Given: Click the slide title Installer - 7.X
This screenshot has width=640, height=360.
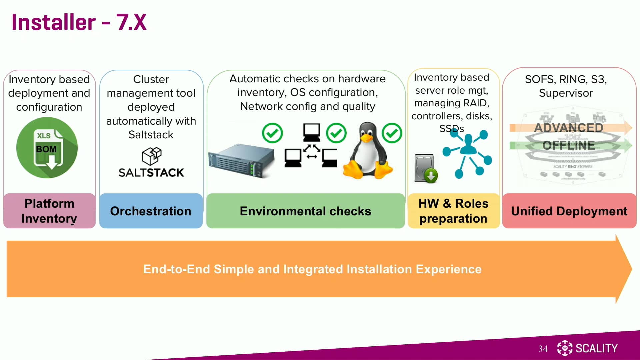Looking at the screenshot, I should (x=79, y=22).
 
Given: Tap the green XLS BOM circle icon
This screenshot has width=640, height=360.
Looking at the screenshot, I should (x=47, y=148).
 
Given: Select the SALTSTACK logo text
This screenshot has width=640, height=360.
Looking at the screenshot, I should (x=151, y=173).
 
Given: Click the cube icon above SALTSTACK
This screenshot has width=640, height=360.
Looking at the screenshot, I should (x=152, y=156).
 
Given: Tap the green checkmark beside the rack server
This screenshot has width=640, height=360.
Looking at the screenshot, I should (x=272, y=133).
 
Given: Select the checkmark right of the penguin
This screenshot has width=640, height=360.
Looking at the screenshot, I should (x=392, y=133).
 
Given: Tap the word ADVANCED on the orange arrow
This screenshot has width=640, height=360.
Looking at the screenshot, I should (x=568, y=128).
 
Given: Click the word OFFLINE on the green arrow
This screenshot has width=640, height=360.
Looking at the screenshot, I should (x=568, y=145).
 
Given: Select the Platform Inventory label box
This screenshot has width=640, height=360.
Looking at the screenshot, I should (x=49, y=211).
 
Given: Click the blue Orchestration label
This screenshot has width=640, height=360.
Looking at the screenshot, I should (x=151, y=211).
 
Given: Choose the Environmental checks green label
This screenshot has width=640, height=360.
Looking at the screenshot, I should (x=305, y=211).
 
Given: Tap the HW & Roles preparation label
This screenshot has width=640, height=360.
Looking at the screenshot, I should (x=453, y=211).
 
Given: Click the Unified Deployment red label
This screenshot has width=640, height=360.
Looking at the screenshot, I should (x=569, y=211).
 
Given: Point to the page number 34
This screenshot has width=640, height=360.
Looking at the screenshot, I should (x=543, y=349).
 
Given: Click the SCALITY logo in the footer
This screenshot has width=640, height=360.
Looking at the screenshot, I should (x=588, y=348).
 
